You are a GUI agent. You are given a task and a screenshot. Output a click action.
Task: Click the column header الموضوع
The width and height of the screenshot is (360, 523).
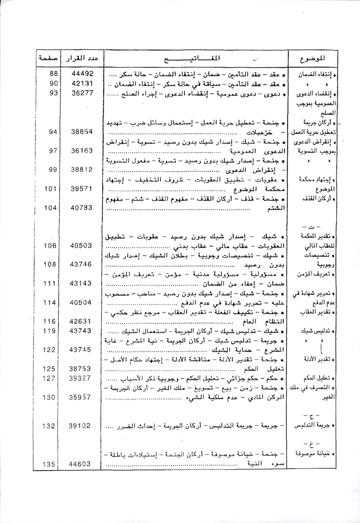pyautogui.click(x=312, y=58)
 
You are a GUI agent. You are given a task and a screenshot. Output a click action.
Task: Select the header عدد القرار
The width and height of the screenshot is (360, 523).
pyautogui.click(x=82, y=58)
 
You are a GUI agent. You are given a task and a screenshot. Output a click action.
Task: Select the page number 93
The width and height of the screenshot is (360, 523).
pyautogui.click(x=53, y=93)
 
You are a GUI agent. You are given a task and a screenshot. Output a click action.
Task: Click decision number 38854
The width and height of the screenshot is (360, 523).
pyautogui.click(x=82, y=131)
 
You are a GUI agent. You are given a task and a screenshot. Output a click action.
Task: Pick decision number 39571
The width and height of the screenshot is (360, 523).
pyautogui.click(x=82, y=189)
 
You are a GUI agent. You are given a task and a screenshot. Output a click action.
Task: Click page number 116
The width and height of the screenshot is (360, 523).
pyautogui.click(x=50, y=321)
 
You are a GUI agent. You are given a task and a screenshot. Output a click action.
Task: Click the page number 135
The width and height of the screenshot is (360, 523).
pyautogui.click(x=49, y=464)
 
